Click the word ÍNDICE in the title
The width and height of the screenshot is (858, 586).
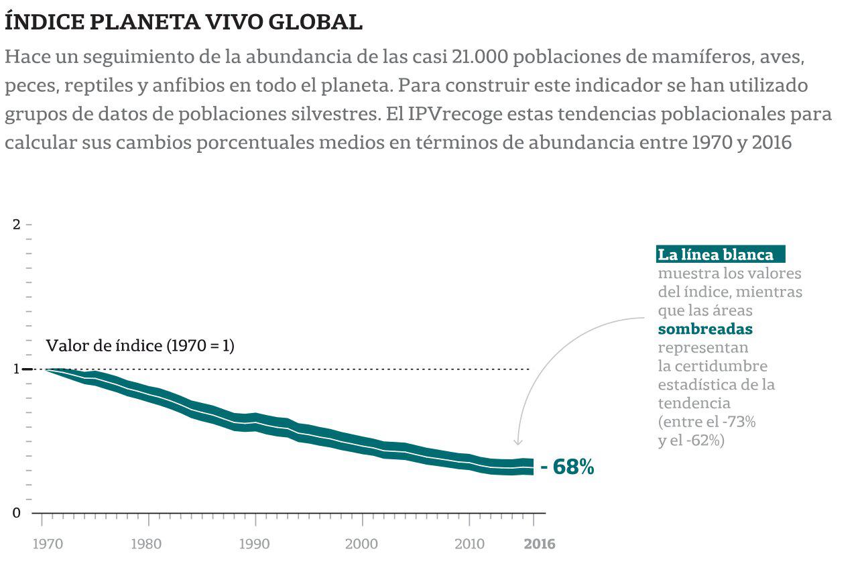(x=43, y=22)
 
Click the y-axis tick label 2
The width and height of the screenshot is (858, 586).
(x=17, y=224)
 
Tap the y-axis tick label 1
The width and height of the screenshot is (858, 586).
(x=17, y=369)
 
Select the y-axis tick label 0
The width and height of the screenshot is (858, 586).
(x=17, y=513)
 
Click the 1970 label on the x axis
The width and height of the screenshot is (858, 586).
(x=48, y=544)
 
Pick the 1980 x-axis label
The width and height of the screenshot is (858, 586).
(x=146, y=544)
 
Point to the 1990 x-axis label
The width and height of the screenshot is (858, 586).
(x=254, y=544)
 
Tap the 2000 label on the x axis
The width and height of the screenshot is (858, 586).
(x=361, y=544)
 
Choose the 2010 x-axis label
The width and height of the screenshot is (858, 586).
(x=469, y=544)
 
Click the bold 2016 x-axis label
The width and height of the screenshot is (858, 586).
(x=539, y=544)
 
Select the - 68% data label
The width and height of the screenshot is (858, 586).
(x=567, y=467)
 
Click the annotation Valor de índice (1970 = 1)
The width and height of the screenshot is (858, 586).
(x=139, y=346)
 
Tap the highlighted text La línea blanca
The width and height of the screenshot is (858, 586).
(x=716, y=255)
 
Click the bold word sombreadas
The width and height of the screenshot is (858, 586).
(x=705, y=329)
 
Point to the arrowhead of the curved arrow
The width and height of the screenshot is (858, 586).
(x=517, y=443)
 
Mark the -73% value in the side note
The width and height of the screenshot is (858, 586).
(x=737, y=422)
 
